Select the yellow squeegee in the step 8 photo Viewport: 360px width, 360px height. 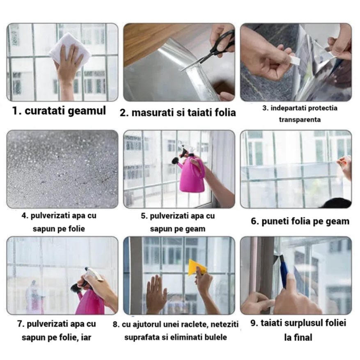[197, 266]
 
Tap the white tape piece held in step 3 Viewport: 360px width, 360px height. [294, 60]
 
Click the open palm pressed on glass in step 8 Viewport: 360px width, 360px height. [156, 294]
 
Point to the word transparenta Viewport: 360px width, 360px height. [300, 120]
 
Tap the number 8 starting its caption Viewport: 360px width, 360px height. [115, 324]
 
